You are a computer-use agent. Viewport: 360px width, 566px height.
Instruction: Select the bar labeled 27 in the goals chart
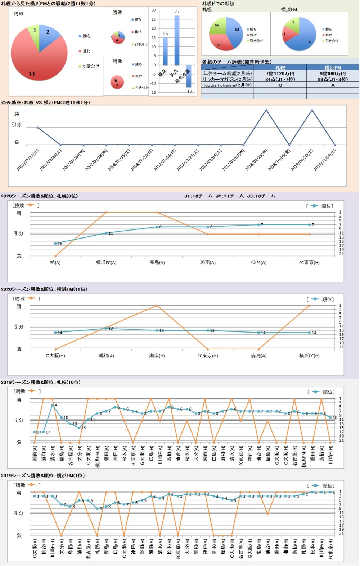177,40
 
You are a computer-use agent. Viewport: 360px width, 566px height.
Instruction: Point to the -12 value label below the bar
189,92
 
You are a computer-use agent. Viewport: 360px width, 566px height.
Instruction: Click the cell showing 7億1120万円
280,73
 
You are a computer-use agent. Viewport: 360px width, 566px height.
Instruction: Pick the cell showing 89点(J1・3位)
333,79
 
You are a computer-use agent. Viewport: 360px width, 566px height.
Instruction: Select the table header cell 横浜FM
333,67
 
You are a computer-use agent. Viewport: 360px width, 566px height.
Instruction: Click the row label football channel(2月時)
228,85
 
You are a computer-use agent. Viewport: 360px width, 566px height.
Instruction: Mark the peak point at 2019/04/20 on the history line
312,110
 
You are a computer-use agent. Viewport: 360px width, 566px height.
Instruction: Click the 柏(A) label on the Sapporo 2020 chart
55,263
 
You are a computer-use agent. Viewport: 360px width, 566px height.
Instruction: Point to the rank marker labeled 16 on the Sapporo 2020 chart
55,244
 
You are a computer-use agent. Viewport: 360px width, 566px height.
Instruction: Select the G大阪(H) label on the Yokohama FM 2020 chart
55,356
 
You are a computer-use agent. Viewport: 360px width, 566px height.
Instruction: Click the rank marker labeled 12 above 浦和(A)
106,328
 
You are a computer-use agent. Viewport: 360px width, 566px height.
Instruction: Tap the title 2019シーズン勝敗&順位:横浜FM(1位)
43,476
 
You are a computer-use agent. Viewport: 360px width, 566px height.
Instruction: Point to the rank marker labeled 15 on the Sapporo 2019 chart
79,428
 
